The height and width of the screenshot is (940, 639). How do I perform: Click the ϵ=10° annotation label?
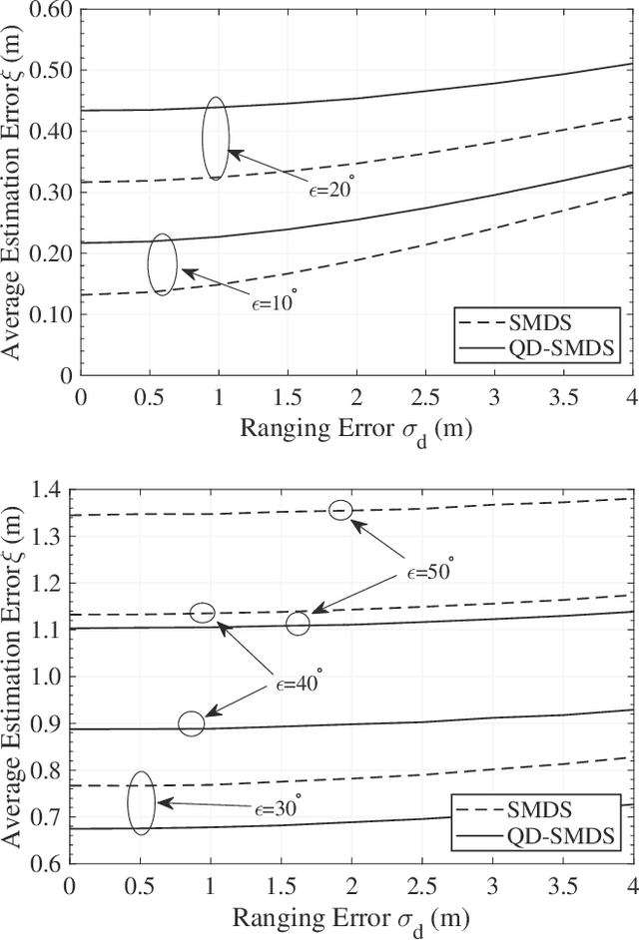275,301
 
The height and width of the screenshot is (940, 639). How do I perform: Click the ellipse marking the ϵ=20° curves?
216,138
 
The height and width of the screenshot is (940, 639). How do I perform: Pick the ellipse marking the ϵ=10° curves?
162,264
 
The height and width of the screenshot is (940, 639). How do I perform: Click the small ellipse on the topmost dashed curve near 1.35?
340,510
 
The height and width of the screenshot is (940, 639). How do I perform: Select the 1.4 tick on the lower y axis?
46,490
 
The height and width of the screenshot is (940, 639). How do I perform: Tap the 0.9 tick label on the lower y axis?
46,723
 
